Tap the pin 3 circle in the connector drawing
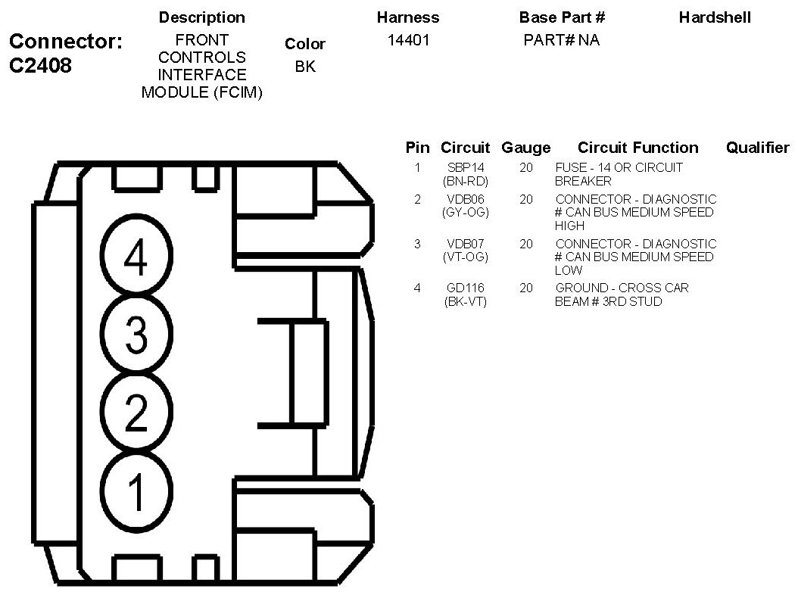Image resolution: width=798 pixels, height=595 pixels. tap(136, 335)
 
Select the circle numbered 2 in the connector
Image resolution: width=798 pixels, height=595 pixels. tap(136, 413)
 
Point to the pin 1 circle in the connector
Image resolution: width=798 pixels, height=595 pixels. tap(136, 491)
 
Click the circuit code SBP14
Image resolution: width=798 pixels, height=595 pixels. tap(466, 167)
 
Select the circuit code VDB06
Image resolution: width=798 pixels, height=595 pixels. tap(466, 199)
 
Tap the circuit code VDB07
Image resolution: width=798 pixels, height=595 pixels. tap(466, 244)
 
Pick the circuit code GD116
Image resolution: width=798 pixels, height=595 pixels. tap(466, 288)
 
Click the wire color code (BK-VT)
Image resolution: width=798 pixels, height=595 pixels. tap(466, 301)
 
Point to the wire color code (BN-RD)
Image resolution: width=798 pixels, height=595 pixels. tap(466, 181)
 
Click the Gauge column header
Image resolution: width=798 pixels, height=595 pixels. tap(525, 148)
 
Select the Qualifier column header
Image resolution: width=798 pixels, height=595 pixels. tap(757, 148)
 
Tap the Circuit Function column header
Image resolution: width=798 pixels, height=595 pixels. tap(637, 148)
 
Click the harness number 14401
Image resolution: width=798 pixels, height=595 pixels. tap(408, 40)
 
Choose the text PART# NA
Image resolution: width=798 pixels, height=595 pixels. tap(561, 40)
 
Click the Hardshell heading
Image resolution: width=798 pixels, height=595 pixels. tap(715, 17)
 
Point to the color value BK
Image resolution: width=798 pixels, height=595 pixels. tap(305, 67)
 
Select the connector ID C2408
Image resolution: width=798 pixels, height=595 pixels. tap(41, 65)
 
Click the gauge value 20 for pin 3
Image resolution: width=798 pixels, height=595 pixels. tap(526, 244)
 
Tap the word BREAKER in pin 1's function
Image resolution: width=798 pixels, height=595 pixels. tap(583, 181)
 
